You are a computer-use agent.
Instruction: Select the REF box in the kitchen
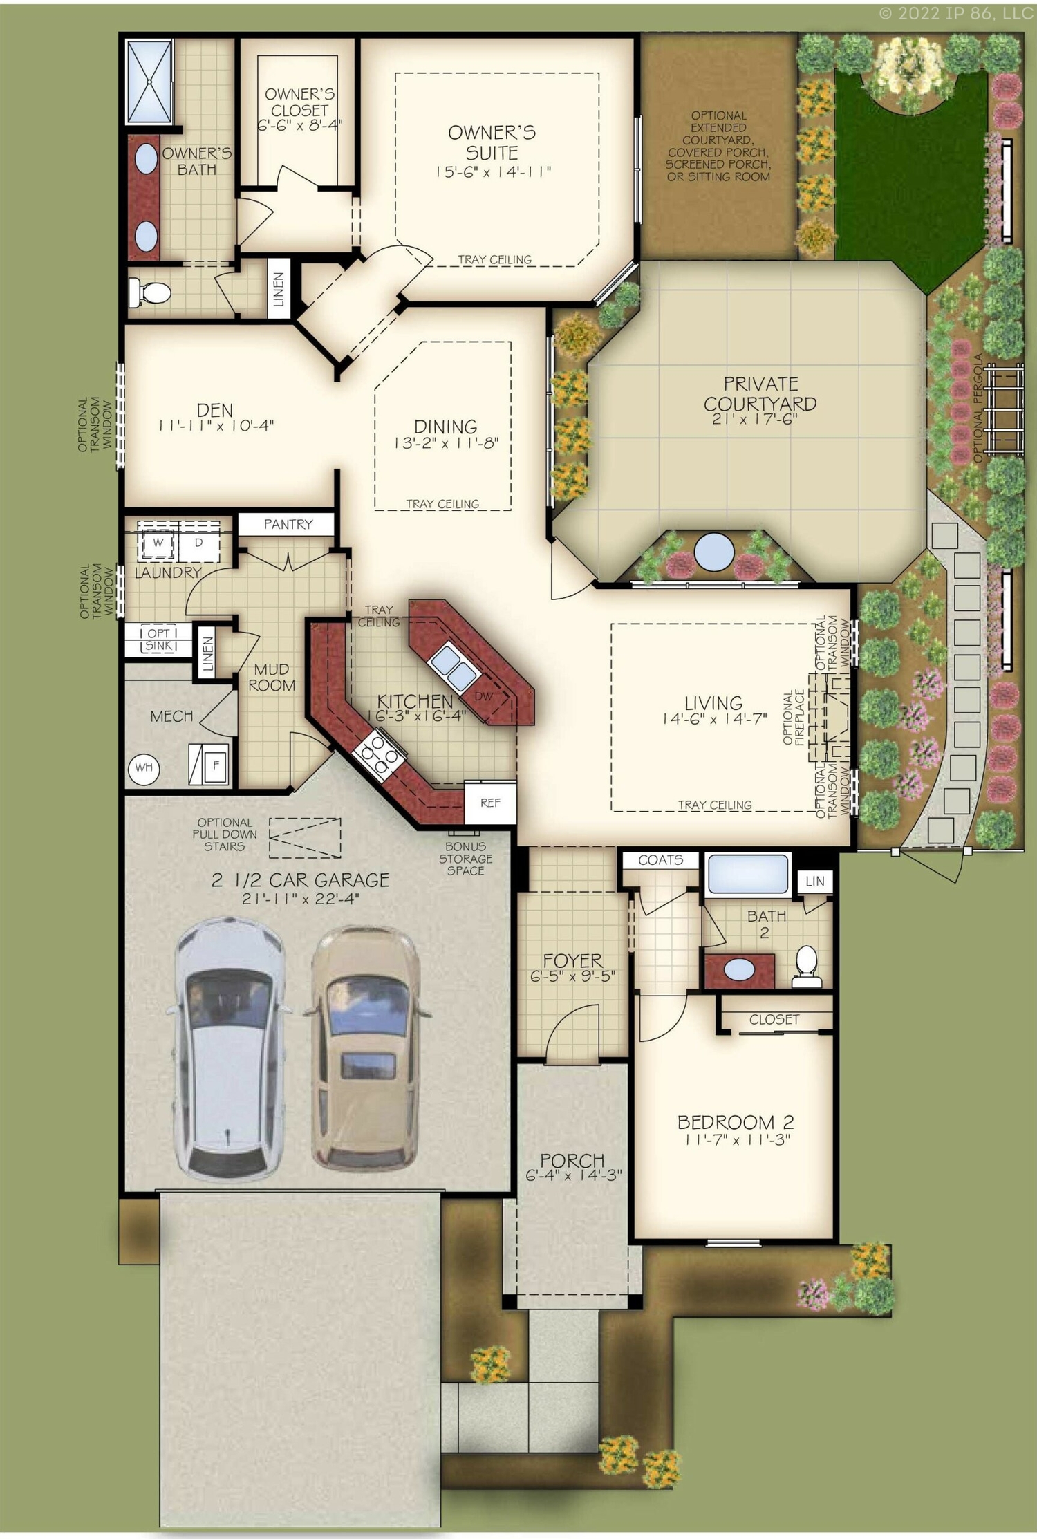[x=490, y=803]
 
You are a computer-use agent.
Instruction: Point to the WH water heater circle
[x=144, y=767]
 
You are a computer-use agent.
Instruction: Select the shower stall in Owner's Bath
[x=149, y=82]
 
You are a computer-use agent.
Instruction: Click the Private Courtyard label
[x=760, y=394]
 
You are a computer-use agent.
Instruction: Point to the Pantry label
[x=288, y=524]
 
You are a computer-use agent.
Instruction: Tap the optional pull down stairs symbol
[x=305, y=837]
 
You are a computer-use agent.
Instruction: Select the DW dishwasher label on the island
[x=484, y=696]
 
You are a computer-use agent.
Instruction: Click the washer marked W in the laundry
[x=158, y=543]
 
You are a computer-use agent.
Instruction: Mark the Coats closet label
[x=660, y=860]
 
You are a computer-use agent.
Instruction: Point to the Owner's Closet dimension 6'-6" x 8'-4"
[x=299, y=126]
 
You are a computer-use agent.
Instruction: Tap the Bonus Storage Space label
[x=465, y=859]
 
